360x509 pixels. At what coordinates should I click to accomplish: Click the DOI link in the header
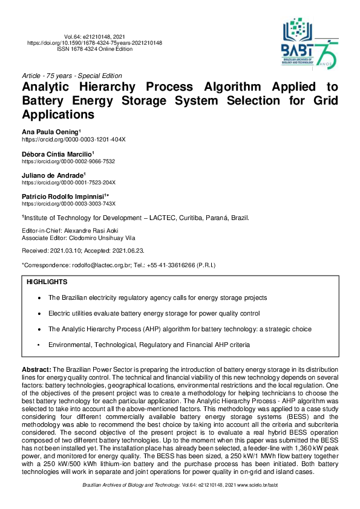coord(95,44)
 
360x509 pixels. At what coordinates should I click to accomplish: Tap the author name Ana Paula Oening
coord(50,132)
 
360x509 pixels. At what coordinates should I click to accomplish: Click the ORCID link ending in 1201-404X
coord(74,139)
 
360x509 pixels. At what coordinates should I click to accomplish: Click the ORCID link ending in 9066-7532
coord(68,161)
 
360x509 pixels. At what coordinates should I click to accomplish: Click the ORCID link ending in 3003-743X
coord(68,204)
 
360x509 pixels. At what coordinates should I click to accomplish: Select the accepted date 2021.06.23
coord(123,250)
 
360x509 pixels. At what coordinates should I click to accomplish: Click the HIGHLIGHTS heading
coord(47,282)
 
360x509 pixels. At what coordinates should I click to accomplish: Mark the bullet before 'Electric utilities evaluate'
coord(39,314)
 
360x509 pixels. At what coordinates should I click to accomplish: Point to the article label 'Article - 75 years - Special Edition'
coord(71,76)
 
